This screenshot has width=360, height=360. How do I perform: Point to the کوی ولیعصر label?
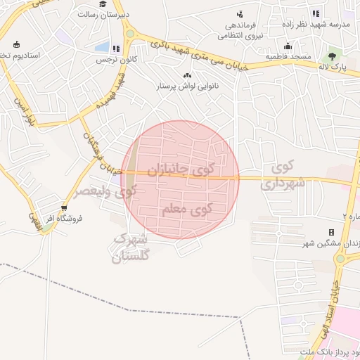pos(105,191)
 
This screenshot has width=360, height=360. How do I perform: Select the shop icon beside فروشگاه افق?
pos(65,208)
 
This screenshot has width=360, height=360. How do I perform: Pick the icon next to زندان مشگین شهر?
pos(331,232)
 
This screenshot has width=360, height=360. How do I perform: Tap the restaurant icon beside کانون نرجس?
pos(115,49)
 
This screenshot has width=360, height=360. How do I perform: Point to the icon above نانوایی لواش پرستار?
pos(187,76)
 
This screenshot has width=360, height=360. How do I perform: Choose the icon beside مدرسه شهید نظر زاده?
pos(316,13)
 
